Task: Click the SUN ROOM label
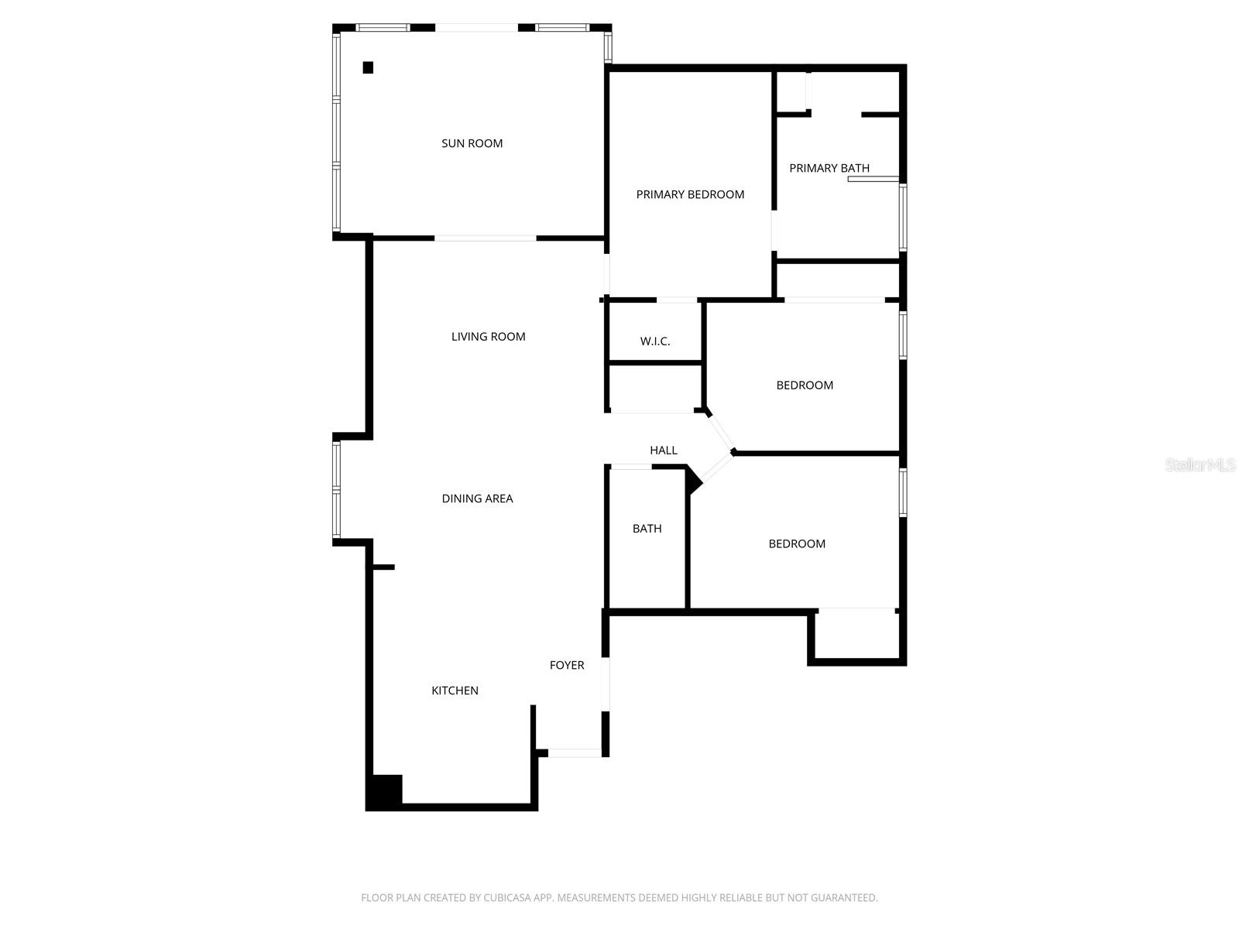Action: pos(472,143)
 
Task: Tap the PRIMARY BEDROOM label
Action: pos(690,194)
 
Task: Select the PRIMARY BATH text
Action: pos(829,168)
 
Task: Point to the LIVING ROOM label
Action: pos(488,336)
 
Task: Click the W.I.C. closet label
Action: pos(655,341)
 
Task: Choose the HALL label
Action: pos(663,450)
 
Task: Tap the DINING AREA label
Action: pos(477,499)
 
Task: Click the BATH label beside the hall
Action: pos(647,529)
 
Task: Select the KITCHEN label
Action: pos(455,691)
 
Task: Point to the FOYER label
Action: pos(567,665)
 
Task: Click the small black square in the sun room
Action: pos(368,67)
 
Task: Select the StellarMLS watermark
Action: pos(1200,464)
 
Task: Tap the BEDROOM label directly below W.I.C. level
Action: pos(805,385)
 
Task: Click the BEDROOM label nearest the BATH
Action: pos(797,543)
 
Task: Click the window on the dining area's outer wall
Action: pos(336,489)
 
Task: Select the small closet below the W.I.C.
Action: pos(655,387)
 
